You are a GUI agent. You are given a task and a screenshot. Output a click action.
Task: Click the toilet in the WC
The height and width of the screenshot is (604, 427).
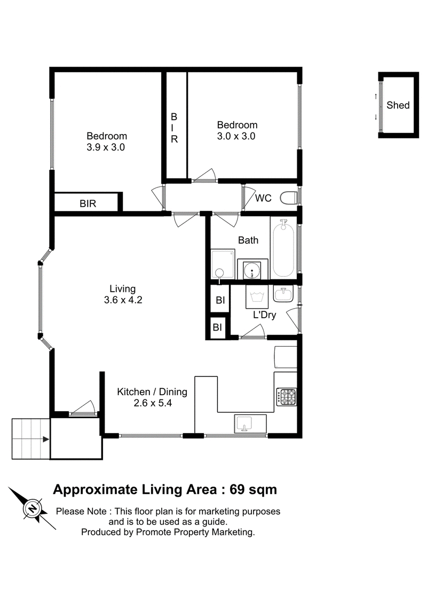pyautogui.click(x=288, y=198)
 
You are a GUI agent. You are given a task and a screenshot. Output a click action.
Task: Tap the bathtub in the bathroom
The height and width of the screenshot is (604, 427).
pyautogui.click(x=283, y=248)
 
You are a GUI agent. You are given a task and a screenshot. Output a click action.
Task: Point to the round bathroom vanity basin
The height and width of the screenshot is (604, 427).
pyautogui.click(x=252, y=270)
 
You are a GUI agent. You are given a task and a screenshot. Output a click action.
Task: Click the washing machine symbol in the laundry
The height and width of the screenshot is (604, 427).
pyautogui.click(x=257, y=297)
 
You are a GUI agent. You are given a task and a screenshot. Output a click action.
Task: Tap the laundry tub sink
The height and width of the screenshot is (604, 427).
pyautogui.click(x=283, y=294)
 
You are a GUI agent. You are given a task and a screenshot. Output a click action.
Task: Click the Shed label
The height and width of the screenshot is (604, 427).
pyautogui.click(x=398, y=105)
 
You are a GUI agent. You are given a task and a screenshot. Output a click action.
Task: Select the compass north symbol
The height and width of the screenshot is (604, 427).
pyautogui.click(x=33, y=508)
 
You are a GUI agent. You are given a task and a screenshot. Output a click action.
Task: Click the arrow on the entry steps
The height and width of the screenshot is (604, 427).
pyautogui.click(x=46, y=439)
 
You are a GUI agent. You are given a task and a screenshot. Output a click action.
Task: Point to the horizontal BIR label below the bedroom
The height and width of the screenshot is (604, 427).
pyautogui.click(x=88, y=203)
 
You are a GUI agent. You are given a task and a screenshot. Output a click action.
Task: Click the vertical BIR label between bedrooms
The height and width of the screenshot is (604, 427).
pyautogui.click(x=174, y=128)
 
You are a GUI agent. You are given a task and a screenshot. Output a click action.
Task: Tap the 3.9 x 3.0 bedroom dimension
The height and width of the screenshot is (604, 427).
pyautogui.click(x=106, y=147)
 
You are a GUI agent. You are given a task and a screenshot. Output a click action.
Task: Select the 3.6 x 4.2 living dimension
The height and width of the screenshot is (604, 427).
pyautogui.click(x=123, y=300)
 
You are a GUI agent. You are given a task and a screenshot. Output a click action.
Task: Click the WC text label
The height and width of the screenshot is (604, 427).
pyautogui.click(x=263, y=198)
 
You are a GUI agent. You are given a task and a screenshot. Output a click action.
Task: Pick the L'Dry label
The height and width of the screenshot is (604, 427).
pyautogui.click(x=265, y=315)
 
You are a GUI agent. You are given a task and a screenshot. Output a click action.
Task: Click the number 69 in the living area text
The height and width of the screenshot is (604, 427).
pyautogui.click(x=237, y=489)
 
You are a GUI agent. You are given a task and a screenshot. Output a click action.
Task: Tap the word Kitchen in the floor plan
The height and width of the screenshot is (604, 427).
pyautogui.click(x=133, y=392)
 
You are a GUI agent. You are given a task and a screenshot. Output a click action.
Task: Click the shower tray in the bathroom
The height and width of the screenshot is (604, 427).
pyautogui.click(x=223, y=264)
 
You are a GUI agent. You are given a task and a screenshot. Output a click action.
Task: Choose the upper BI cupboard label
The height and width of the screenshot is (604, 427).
pyautogui.click(x=220, y=300)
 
